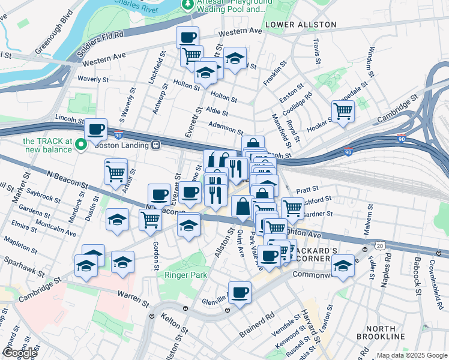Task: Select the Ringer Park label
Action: [x=187, y=275]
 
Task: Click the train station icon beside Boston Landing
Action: [x=155, y=145]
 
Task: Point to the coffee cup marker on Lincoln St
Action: [x=96, y=129]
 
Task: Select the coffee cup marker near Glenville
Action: [x=240, y=292]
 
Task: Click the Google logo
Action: [x=20, y=353]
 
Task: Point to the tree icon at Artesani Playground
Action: [x=187, y=5]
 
